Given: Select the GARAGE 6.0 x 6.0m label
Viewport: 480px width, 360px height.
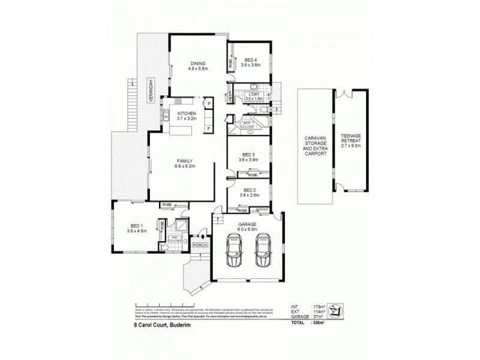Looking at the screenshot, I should click(247, 225).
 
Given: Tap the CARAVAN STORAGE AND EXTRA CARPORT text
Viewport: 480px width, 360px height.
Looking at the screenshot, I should click(316, 145).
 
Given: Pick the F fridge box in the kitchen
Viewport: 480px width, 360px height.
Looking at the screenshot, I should click(209, 128).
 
